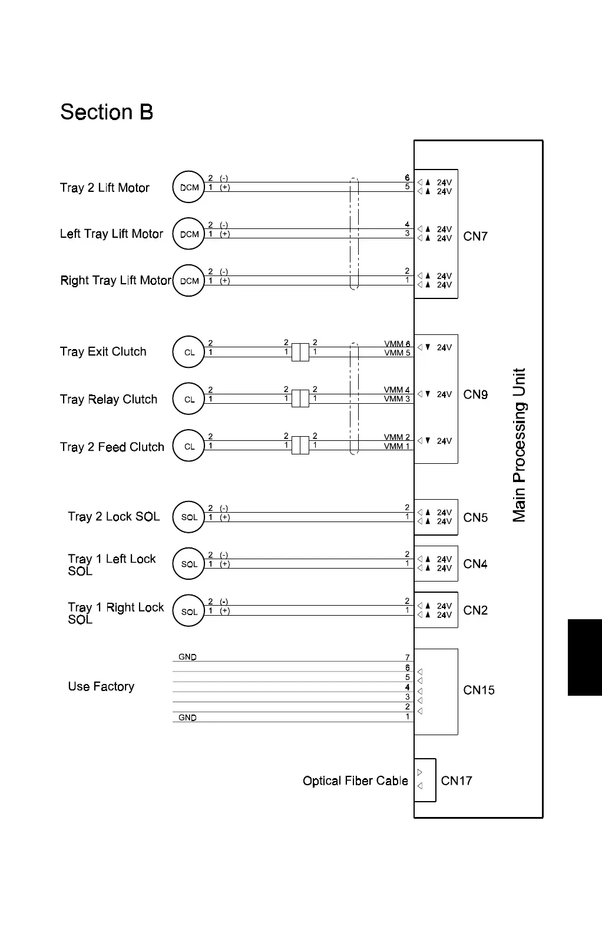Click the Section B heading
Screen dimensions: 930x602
click(107, 112)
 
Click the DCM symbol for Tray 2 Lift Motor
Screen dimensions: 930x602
click(188, 187)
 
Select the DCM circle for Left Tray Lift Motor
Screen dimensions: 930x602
click(188, 234)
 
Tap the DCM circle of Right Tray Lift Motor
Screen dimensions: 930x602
click(188, 281)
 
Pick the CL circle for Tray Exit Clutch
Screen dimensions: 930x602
click(188, 352)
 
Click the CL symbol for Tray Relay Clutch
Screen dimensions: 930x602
click(188, 399)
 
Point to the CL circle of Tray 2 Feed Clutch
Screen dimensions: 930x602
click(188, 446)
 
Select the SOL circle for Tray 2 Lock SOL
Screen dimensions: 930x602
click(188, 517)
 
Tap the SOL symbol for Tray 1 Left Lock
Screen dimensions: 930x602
click(188, 564)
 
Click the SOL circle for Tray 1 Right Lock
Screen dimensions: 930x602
click(188, 611)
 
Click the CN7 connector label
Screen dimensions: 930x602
click(475, 236)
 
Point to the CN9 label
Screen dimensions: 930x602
click(475, 394)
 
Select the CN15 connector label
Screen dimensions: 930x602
click(479, 690)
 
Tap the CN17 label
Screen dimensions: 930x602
click(457, 780)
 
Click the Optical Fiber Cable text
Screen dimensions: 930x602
click(355, 780)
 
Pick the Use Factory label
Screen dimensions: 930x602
click(101, 686)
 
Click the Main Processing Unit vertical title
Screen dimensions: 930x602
click(519, 445)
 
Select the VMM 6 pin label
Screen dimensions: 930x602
click(397, 344)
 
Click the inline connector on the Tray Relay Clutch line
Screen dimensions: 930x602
click(300, 398)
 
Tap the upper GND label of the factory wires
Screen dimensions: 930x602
click(187, 657)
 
